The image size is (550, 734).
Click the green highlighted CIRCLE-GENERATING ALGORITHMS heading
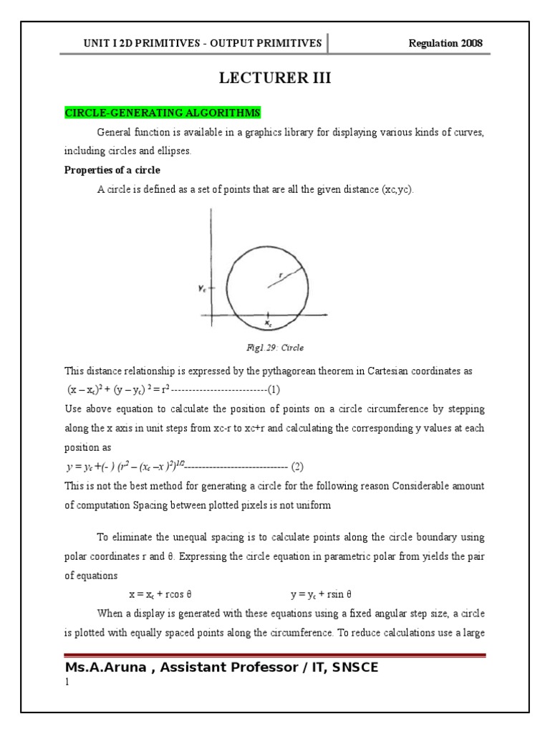(x=163, y=113)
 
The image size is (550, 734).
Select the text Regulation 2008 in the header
(x=445, y=43)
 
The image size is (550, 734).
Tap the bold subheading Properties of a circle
(x=112, y=171)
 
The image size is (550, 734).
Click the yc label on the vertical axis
(x=203, y=287)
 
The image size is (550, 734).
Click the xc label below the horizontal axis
(x=268, y=324)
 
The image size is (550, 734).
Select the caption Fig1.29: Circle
(x=274, y=348)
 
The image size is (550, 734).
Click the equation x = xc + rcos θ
(x=161, y=595)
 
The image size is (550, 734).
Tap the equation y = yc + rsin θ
(x=322, y=595)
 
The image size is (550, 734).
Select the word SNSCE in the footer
(x=350, y=668)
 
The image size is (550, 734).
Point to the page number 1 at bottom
(x=67, y=683)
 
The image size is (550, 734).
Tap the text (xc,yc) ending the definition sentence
(x=397, y=190)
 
